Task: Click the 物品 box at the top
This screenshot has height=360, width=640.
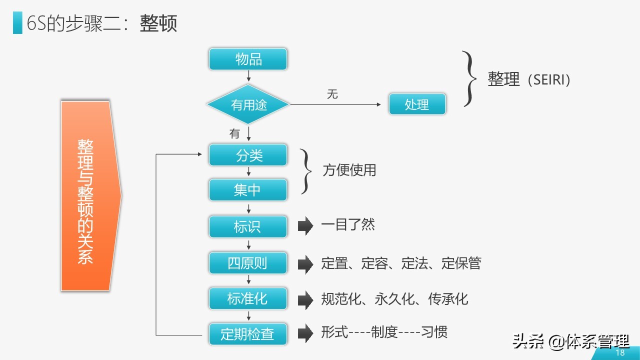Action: [x=248, y=59]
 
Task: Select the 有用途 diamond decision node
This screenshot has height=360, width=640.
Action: [x=248, y=105]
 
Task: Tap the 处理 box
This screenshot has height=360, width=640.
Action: [x=417, y=105]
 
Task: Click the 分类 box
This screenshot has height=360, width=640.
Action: [x=248, y=155]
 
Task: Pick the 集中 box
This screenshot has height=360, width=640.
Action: [x=248, y=190]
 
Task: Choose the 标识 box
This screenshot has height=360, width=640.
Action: [x=248, y=227]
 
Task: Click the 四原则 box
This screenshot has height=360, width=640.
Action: [x=248, y=263]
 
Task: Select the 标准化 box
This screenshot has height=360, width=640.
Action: [x=248, y=299]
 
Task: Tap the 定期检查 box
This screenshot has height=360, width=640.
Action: [x=248, y=334]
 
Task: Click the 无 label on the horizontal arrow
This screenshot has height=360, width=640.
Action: [x=332, y=94]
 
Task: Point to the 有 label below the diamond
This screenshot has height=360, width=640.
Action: [x=235, y=133]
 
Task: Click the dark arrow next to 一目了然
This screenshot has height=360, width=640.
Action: [x=305, y=226]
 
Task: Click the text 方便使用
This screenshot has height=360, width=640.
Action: [x=349, y=170]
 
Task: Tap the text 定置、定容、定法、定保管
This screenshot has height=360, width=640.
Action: [x=401, y=263]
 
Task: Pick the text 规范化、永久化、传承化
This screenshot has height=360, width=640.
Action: [x=394, y=299]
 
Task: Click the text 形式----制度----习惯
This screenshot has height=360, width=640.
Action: [x=384, y=332]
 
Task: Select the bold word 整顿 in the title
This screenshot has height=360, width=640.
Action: [x=158, y=24]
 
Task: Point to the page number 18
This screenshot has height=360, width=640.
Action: [x=620, y=352]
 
